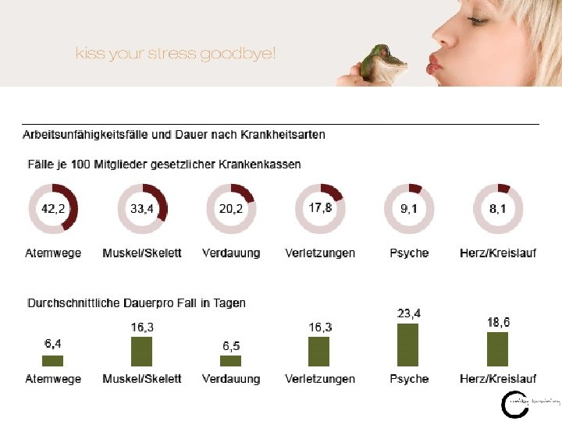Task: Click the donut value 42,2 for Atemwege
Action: [53, 209]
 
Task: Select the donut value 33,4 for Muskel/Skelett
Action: [141, 209]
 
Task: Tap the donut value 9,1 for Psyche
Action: [409, 209]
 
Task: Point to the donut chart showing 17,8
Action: [320, 208]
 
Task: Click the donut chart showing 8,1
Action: [498, 209]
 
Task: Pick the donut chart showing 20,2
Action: [231, 209]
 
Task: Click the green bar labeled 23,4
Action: [408, 345]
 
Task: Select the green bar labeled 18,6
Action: [497, 349]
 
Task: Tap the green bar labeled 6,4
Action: [52, 360]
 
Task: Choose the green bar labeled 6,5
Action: [230, 360]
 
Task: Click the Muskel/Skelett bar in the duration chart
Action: [141, 352]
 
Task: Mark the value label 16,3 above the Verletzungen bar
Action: [320, 327]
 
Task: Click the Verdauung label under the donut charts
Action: [231, 253]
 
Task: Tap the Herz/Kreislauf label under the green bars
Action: [497, 379]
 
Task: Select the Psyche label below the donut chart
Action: [409, 253]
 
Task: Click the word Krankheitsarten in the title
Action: [283, 135]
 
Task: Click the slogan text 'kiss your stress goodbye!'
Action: [176, 54]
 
